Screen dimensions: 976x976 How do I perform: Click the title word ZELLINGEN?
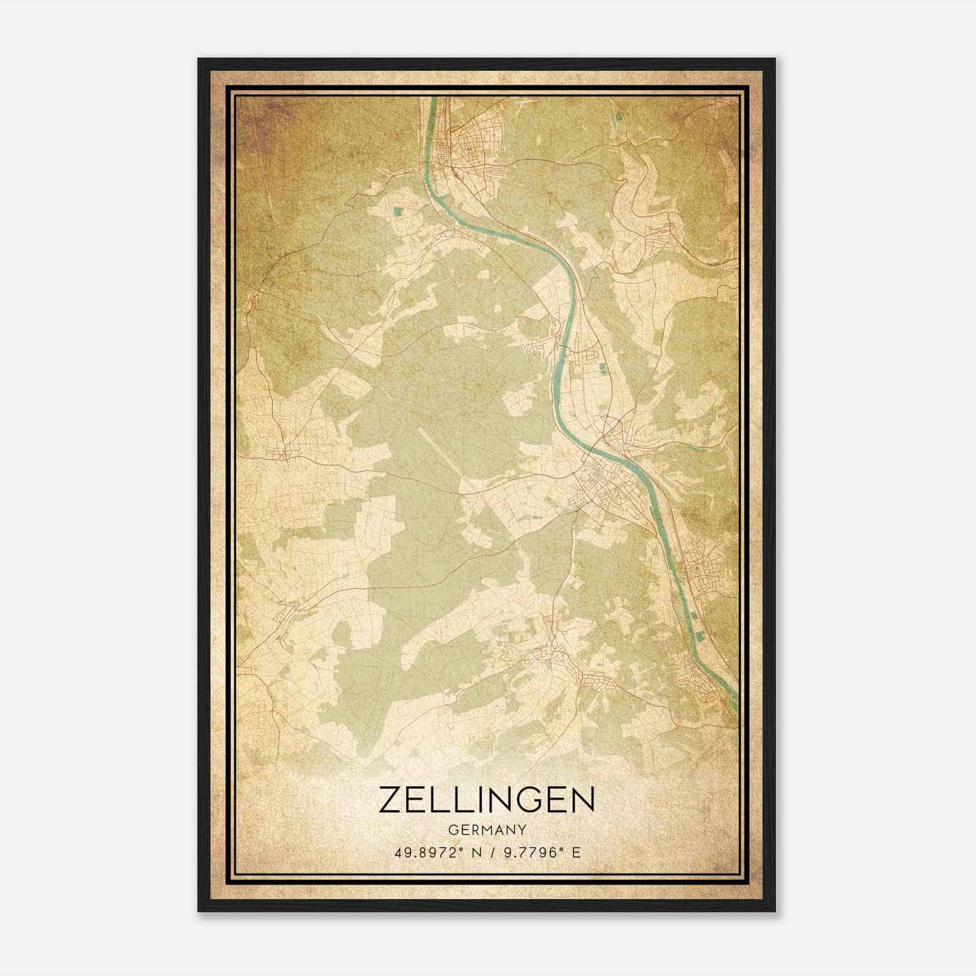point(487,800)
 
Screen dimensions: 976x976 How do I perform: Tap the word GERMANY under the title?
point(487,830)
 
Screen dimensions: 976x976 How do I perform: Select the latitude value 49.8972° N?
point(434,852)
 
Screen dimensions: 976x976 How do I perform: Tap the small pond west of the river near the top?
point(398,212)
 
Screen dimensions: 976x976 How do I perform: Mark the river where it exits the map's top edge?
point(433,101)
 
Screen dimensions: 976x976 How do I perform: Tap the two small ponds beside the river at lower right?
point(695,634)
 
